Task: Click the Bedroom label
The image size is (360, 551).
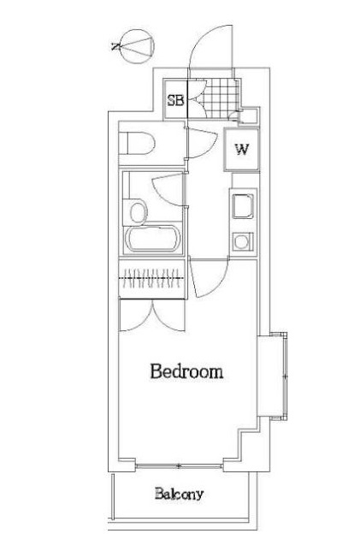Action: [x=186, y=371]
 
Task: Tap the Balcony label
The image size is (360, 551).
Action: [x=179, y=494]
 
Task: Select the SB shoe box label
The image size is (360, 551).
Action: [x=175, y=100]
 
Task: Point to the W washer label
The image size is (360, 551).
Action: [x=242, y=150]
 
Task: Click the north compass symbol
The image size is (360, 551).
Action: [x=137, y=46]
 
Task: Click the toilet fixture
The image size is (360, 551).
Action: [x=137, y=143]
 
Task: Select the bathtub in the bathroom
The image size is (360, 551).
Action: [x=153, y=240]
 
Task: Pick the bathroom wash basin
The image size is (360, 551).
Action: [x=139, y=212]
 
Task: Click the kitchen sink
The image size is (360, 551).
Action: [x=243, y=204]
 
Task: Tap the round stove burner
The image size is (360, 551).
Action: [x=241, y=242]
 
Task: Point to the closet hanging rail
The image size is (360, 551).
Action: [x=151, y=278]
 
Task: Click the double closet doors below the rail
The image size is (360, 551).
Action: [x=152, y=315]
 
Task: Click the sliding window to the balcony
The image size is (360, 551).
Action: [x=179, y=466]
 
